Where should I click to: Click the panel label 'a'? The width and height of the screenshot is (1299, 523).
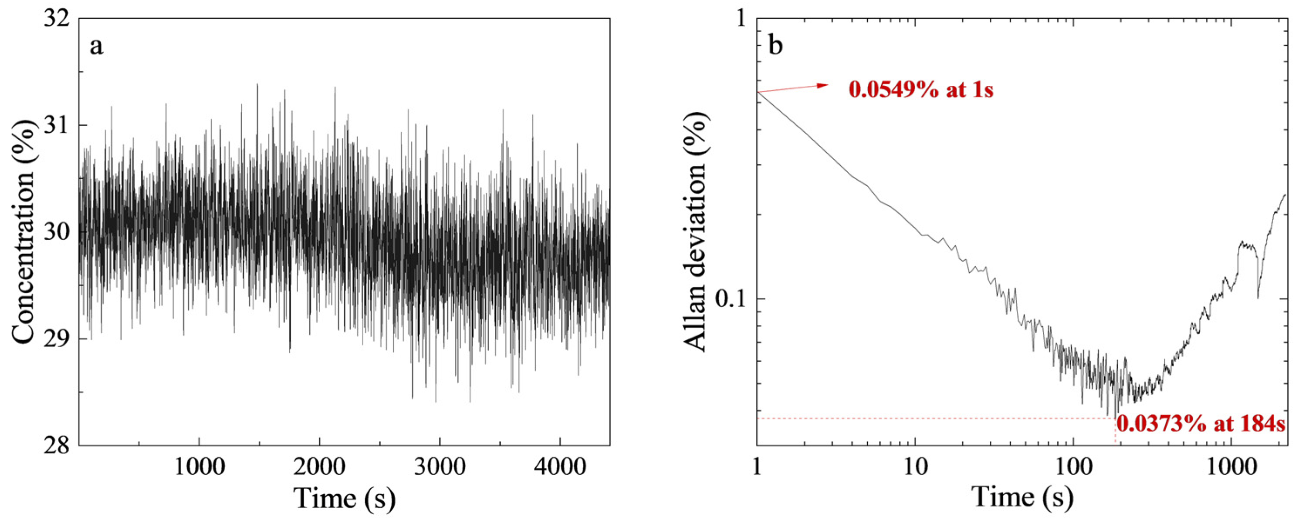click(96, 47)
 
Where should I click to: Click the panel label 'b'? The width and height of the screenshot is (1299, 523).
click(775, 45)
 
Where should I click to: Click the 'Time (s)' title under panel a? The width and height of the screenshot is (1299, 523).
click(345, 499)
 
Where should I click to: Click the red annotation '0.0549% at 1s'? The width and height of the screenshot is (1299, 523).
click(921, 90)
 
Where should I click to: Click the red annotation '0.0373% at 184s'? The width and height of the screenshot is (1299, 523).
click(1200, 424)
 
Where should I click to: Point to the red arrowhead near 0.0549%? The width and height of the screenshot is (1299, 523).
click(823, 85)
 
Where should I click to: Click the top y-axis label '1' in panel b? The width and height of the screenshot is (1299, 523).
click(740, 19)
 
